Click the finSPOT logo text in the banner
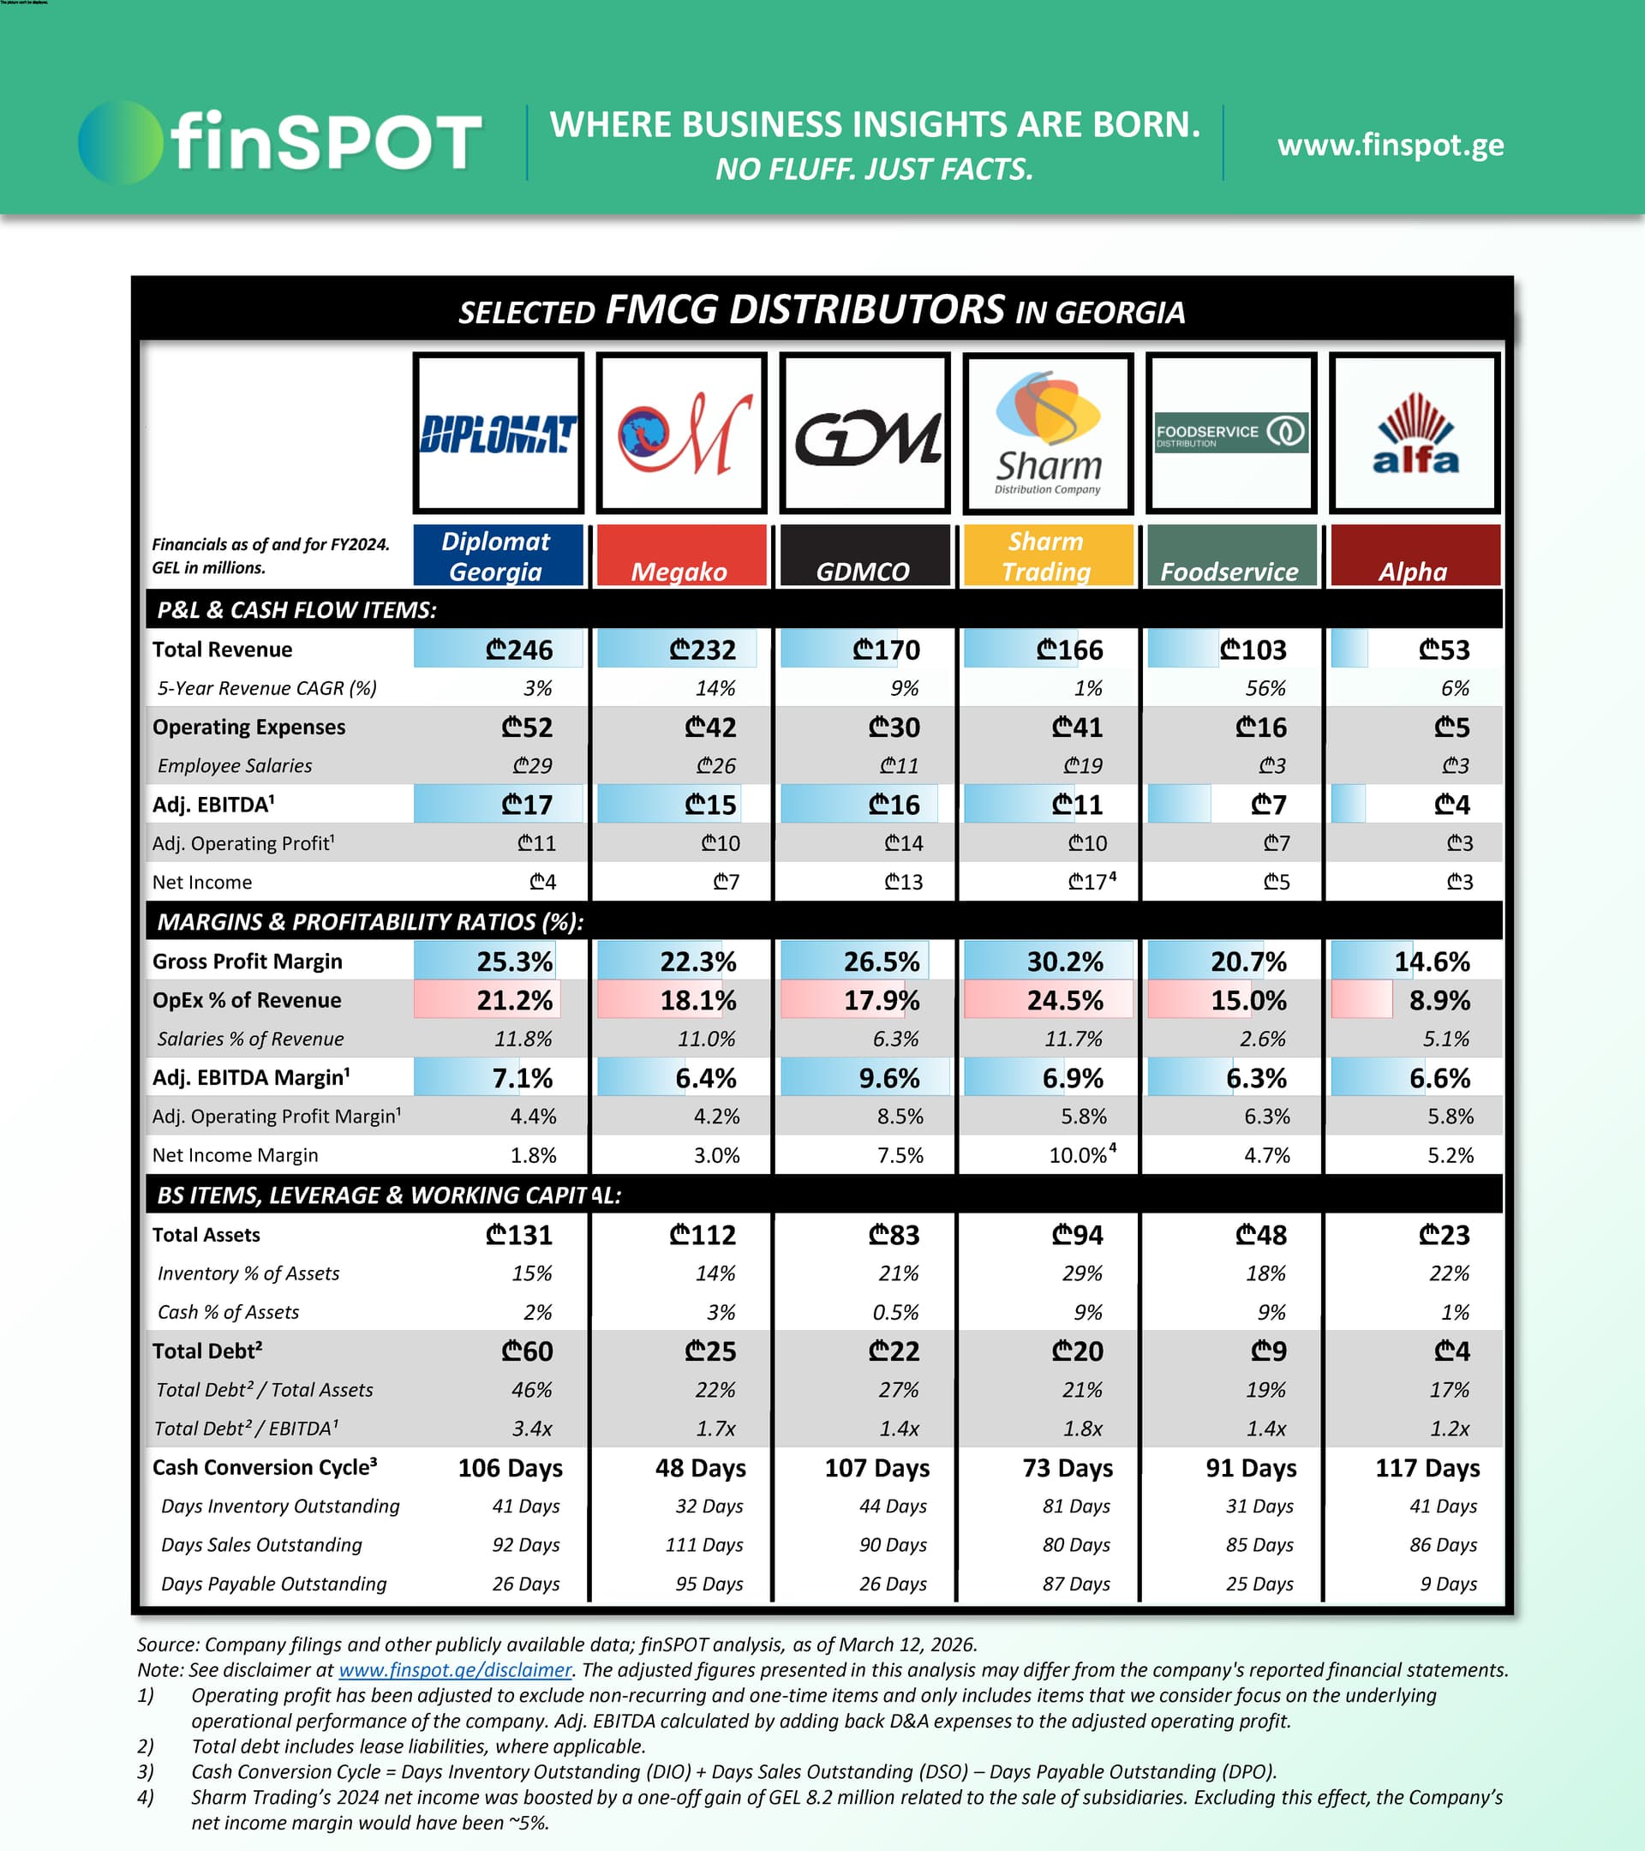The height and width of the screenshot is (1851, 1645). coord(325,142)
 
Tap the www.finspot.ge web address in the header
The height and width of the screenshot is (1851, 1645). coord(1390,145)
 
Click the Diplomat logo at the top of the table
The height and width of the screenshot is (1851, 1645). coord(498,434)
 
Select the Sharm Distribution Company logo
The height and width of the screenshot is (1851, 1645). coord(1048,434)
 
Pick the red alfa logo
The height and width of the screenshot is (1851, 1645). coord(1415,434)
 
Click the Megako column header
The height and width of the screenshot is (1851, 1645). coord(681,556)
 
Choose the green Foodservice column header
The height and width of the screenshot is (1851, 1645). coord(1229,556)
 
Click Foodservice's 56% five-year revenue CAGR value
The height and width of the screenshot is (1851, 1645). coord(1265,688)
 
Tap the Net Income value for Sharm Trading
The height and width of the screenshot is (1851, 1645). coord(1088,882)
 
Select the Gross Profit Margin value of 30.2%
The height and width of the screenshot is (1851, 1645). coord(1065,961)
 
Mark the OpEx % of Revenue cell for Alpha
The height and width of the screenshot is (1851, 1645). coord(1439,1000)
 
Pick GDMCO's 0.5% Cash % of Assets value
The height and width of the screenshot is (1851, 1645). coord(898,1312)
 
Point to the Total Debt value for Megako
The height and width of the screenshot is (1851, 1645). coord(709,1351)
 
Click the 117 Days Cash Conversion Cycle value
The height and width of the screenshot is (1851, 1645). coord(1427,1467)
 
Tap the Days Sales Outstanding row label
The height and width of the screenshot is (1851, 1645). coord(261,1545)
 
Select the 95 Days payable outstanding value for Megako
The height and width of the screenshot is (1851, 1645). coord(709,1584)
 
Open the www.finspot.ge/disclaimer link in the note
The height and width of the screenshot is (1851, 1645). coord(454,1670)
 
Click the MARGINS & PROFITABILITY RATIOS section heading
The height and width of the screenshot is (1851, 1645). coord(370,922)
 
